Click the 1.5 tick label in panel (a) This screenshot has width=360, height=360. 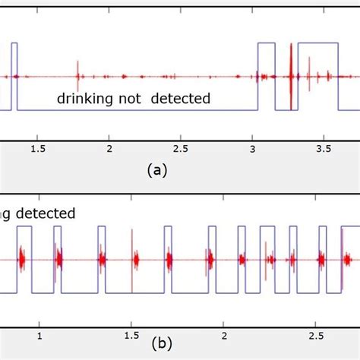pyautogui.click(x=37, y=148)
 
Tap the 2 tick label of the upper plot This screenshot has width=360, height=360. pyautogui.click(x=109, y=148)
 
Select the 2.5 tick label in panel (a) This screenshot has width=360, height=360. pyautogui.click(x=181, y=148)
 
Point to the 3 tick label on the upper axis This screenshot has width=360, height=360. pyautogui.click(x=253, y=148)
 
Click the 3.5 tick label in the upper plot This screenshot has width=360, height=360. pyautogui.click(x=325, y=148)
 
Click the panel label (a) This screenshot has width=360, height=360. pyautogui.click(x=156, y=171)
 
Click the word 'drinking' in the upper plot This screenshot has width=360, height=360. pyautogui.click(x=83, y=99)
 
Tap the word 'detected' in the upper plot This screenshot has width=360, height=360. pyautogui.click(x=180, y=99)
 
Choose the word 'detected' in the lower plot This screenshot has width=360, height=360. pyautogui.click(x=47, y=213)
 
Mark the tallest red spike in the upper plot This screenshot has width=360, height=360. pyautogui.click(x=290, y=76)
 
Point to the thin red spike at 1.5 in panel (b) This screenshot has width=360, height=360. pyautogui.click(x=131, y=258)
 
